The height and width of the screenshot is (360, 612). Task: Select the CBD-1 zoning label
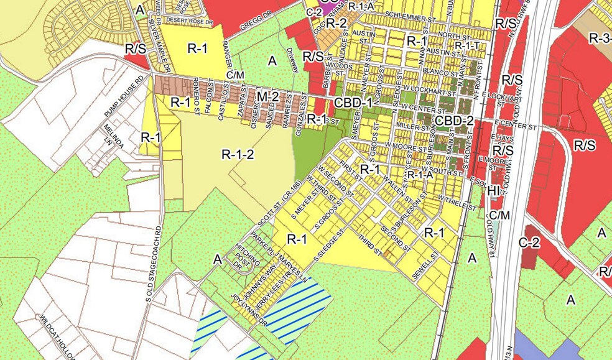[353, 103]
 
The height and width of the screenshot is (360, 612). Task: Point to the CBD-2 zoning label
[454, 120]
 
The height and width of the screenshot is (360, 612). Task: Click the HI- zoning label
[494, 190]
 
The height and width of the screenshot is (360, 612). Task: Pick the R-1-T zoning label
[466, 45]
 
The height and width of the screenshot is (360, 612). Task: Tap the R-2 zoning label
[336, 23]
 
